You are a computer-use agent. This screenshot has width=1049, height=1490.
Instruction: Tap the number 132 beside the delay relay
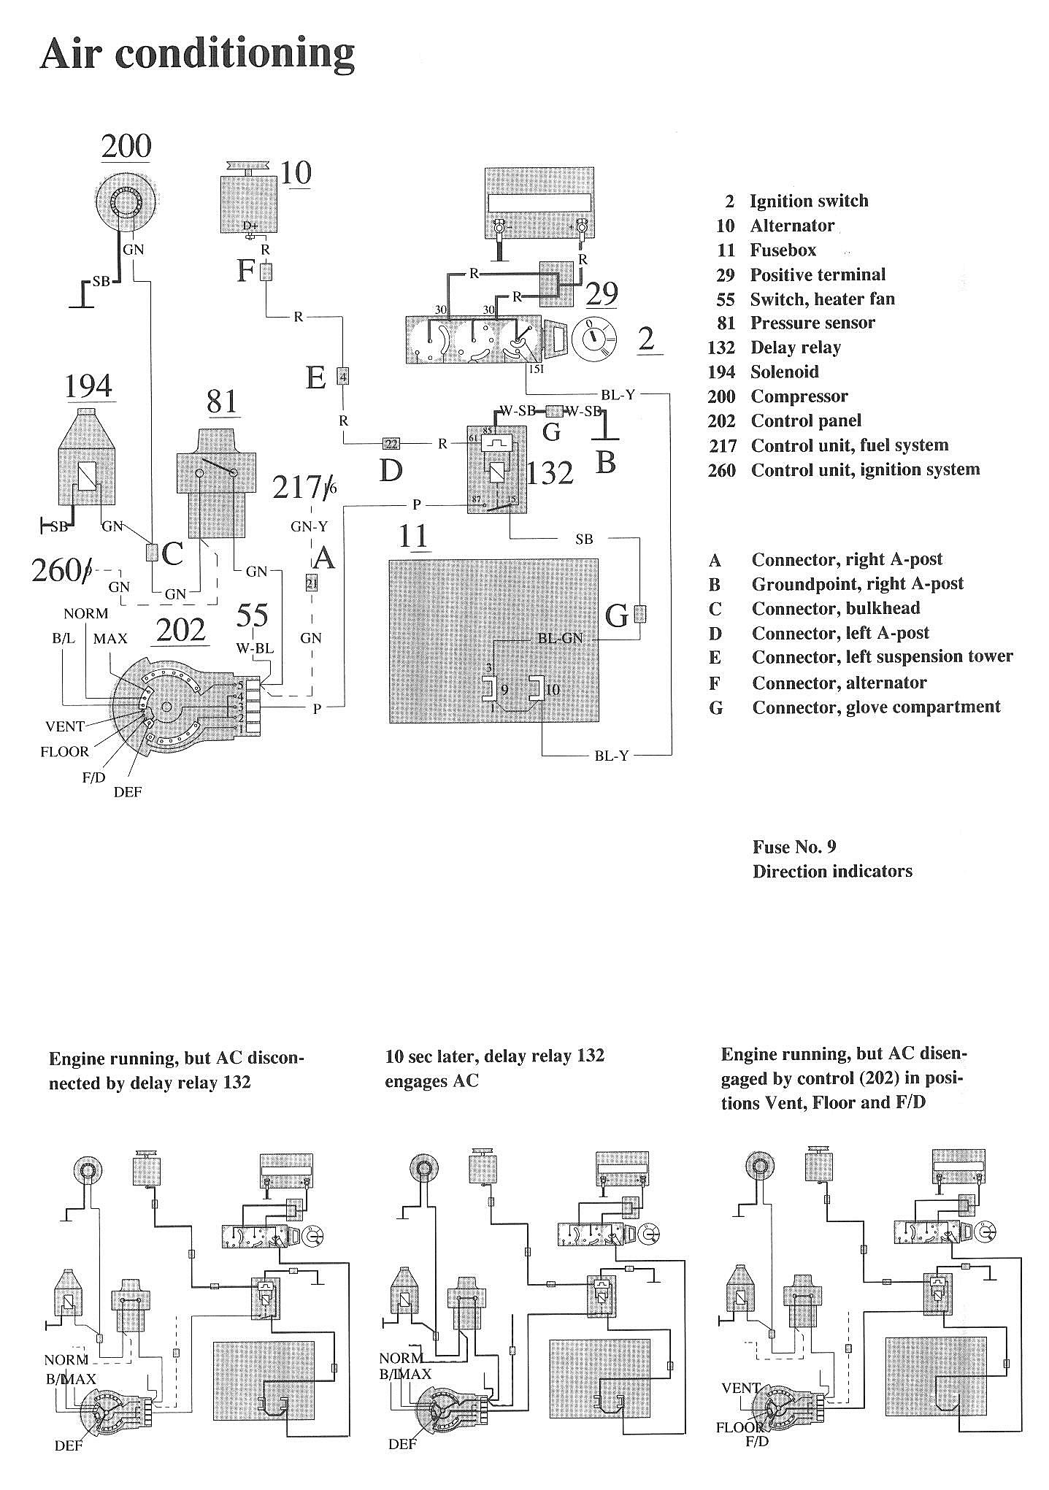tap(550, 473)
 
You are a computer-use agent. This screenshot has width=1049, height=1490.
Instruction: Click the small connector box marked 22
tap(391, 443)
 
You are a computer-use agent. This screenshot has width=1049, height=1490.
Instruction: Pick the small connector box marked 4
tap(342, 377)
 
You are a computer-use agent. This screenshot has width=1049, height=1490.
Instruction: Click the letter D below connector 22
tap(391, 472)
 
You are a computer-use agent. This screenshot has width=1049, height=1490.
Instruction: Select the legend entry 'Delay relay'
tap(795, 347)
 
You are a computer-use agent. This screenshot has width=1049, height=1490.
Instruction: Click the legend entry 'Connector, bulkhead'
tap(835, 608)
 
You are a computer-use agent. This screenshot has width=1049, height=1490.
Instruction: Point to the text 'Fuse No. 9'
tap(794, 847)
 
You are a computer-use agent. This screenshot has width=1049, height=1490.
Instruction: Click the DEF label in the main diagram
tap(128, 791)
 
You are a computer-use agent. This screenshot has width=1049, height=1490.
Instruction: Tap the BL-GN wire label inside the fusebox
tap(560, 638)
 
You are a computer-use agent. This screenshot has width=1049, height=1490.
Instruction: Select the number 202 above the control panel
tap(181, 629)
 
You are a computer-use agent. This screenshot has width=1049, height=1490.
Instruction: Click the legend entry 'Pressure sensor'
tap(812, 323)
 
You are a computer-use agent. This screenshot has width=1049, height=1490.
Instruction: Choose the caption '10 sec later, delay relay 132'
tap(494, 1056)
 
